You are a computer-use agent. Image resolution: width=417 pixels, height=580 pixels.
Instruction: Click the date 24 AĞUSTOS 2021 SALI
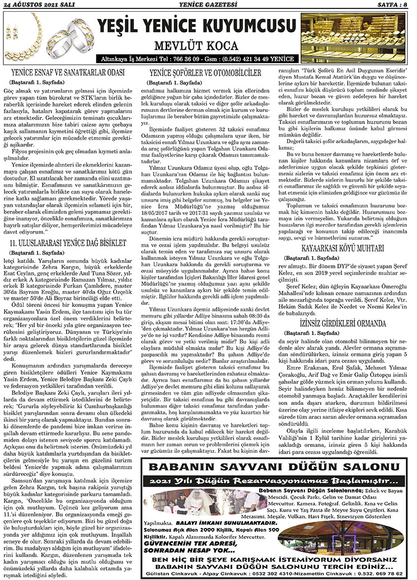(38, 5)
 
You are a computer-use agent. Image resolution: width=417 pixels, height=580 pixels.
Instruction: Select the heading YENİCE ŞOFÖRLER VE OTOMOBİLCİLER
(205, 73)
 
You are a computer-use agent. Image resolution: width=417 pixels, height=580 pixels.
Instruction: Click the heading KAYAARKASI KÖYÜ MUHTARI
(345, 231)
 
